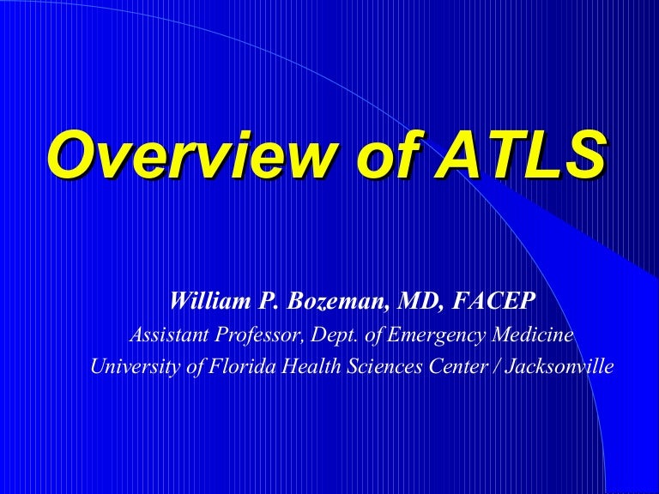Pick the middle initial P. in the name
pyautogui.click(x=266, y=301)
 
